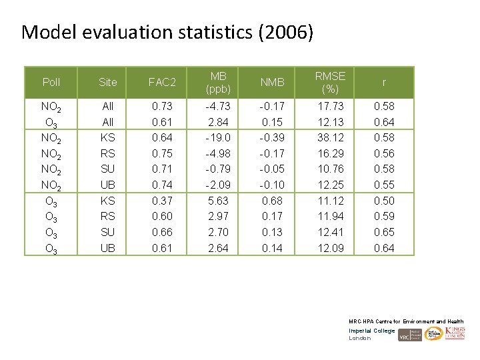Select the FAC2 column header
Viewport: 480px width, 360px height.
162,83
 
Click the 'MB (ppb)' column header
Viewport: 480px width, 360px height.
218,83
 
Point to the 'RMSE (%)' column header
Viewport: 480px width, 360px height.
330,83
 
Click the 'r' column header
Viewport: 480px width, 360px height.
384,83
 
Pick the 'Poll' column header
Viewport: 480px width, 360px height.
51,83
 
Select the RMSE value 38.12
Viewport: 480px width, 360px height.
330,137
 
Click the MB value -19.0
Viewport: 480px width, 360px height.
218,137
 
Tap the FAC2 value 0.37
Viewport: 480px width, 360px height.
162,201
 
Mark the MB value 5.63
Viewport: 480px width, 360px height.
218,201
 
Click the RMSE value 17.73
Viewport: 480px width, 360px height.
330,106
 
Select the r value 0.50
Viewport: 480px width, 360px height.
384,201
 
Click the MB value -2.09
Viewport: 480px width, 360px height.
218,185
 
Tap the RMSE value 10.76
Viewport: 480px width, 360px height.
330,169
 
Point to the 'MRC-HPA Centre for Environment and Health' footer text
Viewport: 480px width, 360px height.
406,321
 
